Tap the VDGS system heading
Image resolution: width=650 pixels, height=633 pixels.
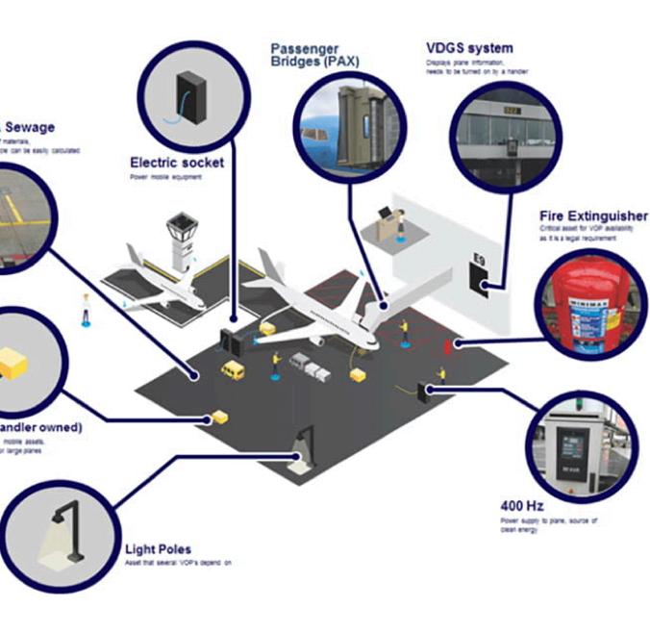tap(468, 47)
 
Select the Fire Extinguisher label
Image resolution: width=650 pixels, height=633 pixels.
tap(593, 216)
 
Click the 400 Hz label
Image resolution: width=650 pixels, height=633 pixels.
tap(520, 505)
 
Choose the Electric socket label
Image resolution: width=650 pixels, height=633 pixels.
tap(176, 163)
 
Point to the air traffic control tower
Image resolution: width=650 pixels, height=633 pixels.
tap(181, 242)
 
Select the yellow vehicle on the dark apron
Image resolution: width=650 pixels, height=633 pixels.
tap(232, 369)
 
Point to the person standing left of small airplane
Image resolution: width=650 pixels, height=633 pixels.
tap(86, 309)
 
